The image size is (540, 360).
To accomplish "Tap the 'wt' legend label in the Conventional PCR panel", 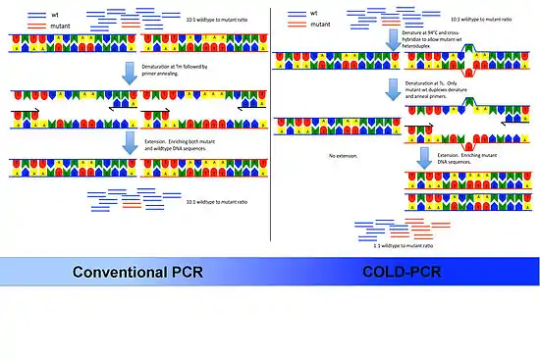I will (x=35, y=12).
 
